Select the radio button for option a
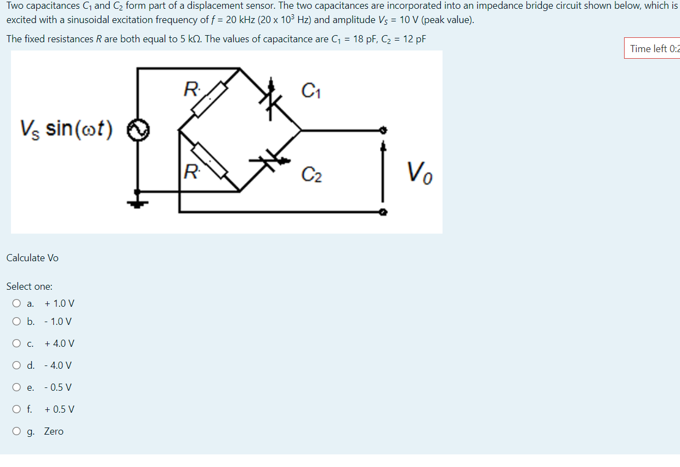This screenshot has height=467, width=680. click(x=17, y=303)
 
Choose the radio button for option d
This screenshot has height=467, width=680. click(x=17, y=365)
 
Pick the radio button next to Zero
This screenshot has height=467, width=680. click(x=17, y=431)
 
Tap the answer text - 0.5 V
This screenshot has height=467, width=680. click(x=58, y=387)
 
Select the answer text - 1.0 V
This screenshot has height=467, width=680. click(x=58, y=322)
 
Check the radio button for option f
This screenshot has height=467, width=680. click(x=17, y=409)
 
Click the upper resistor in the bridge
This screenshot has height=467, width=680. click(x=209, y=99)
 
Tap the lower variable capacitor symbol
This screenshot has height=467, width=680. click(x=270, y=161)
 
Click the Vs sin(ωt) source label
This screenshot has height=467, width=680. click(x=66, y=130)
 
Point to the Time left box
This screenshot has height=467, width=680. click(x=653, y=49)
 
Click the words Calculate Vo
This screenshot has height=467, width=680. click(x=32, y=258)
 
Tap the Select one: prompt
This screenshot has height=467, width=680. click(x=29, y=286)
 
